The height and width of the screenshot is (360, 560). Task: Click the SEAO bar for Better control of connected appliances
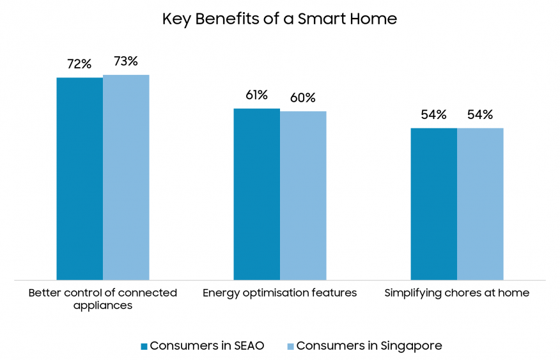pos(79,178)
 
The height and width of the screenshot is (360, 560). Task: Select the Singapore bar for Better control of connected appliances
pos(126,177)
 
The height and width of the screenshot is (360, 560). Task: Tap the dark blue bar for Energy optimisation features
pos(256,194)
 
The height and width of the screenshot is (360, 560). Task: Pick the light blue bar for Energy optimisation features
pos(303,196)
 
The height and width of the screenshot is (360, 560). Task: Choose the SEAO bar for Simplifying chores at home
pos(433,204)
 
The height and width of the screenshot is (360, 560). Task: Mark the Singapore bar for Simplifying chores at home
pos(480,204)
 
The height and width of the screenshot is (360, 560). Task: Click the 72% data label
pos(79,64)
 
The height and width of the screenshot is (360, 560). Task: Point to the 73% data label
pos(126,61)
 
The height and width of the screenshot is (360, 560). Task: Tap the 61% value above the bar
pos(256,95)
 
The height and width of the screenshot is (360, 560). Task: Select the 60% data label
pos(303,98)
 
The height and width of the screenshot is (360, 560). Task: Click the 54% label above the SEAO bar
pos(433,115)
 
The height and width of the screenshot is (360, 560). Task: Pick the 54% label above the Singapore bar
pos(480,115)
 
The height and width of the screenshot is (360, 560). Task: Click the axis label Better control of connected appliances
pos(103,299)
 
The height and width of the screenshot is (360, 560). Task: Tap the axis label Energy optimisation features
pos(279,293)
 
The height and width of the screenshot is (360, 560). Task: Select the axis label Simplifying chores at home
pos(457,293)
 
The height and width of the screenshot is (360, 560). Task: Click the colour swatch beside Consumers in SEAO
pos(144,347)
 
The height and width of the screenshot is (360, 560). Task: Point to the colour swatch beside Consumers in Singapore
pos(290,347)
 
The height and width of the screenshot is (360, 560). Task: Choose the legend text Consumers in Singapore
pos(369,346)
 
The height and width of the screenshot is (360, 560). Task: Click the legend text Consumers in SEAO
pos(206,346)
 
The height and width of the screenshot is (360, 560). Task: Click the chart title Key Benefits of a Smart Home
pos(279,19)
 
